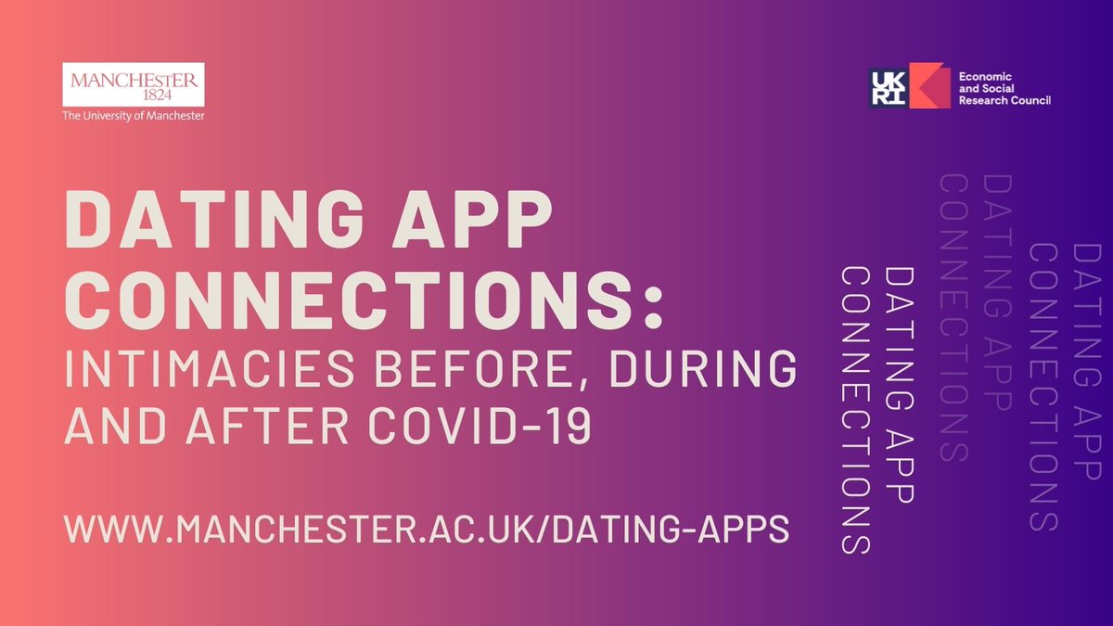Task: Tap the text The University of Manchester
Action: coord(133,116)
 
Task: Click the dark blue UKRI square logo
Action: coord(889,88)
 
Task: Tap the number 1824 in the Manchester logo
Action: coord(133,95)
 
